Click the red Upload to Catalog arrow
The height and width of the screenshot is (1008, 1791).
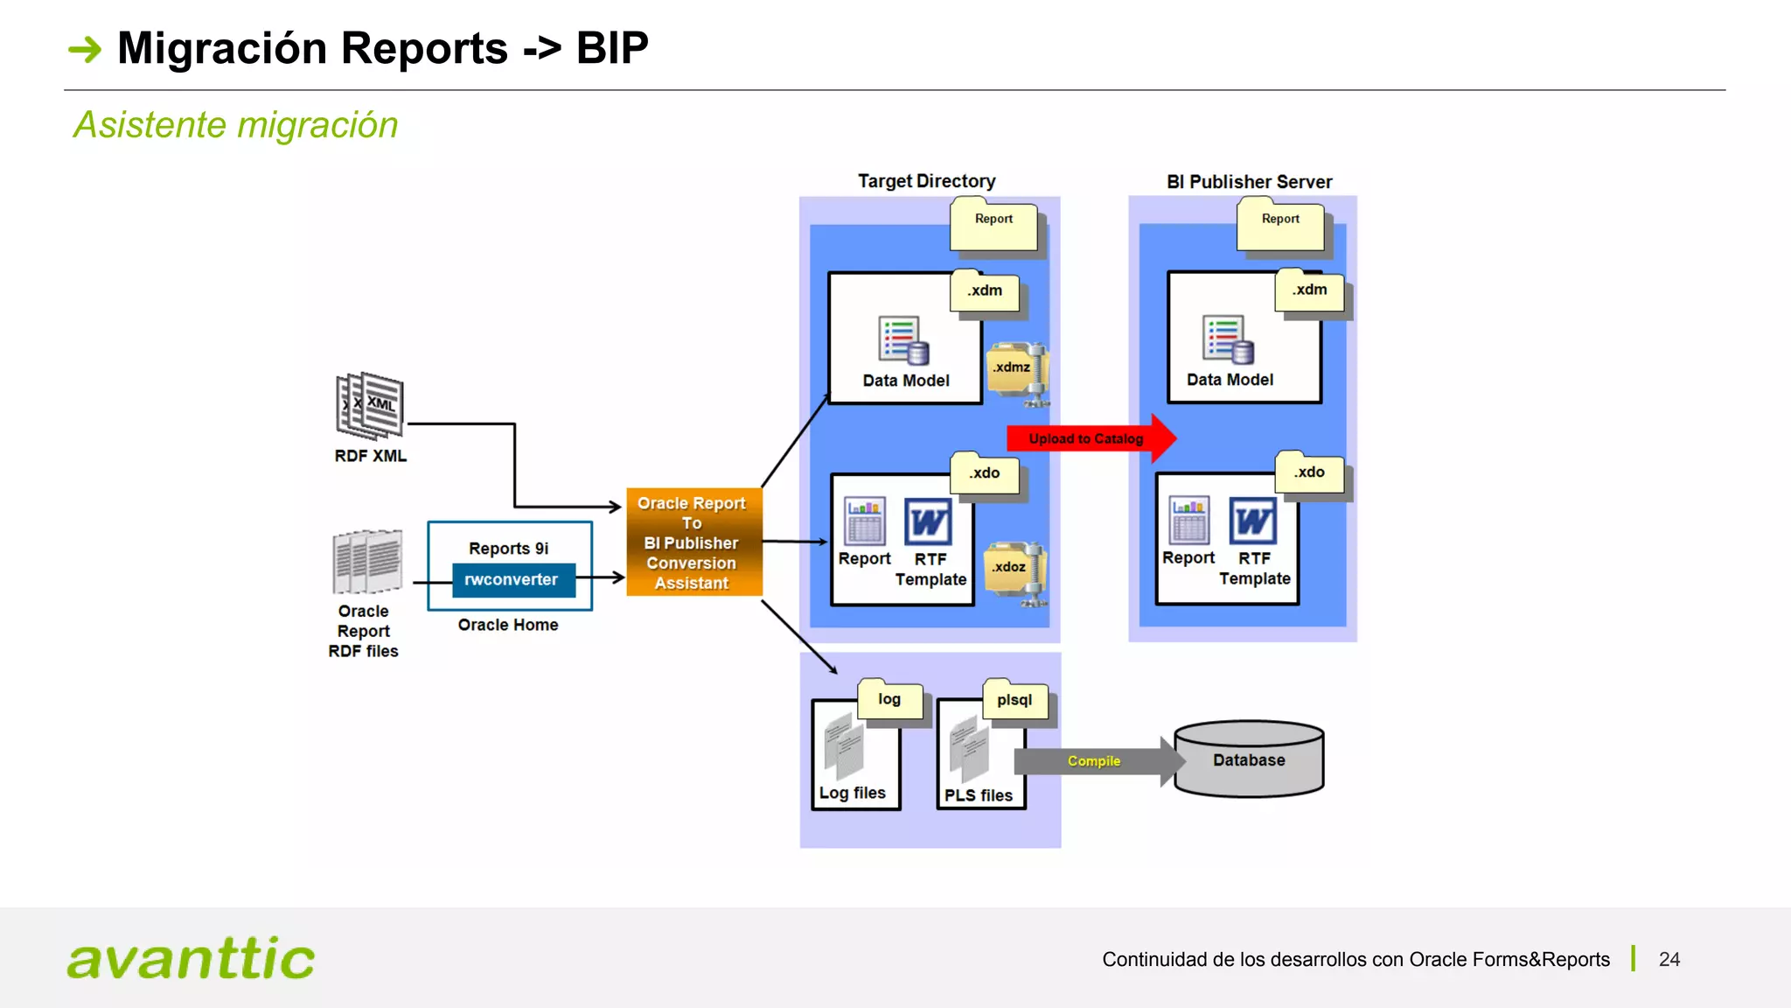(1089, 438)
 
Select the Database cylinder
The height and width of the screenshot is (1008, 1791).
(1248, 759)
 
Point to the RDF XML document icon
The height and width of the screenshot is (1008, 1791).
(370, 405)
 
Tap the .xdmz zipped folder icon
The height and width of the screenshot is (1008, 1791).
(1017, 372)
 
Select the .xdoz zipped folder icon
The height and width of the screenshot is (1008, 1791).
(1015, 570)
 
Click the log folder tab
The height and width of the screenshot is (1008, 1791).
(889, 699)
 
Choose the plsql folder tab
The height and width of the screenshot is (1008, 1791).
(1014, 700)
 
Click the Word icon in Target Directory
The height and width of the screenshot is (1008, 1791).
(927, 522)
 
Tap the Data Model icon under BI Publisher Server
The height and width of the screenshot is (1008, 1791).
(1228, 340)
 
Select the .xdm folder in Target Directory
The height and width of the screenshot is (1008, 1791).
(985, 291)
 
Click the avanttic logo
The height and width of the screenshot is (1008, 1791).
(191, 958)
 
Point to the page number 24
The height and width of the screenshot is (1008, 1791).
(1669, 959)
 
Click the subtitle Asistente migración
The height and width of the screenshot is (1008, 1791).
(236, 125)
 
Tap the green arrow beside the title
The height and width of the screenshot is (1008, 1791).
(86, 49)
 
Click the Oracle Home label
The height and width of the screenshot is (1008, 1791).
(508, 625)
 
